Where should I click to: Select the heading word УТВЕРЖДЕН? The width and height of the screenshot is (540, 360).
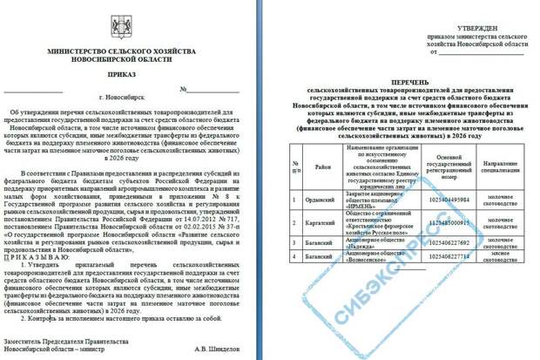474,29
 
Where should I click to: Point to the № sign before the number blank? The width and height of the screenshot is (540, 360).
185,89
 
